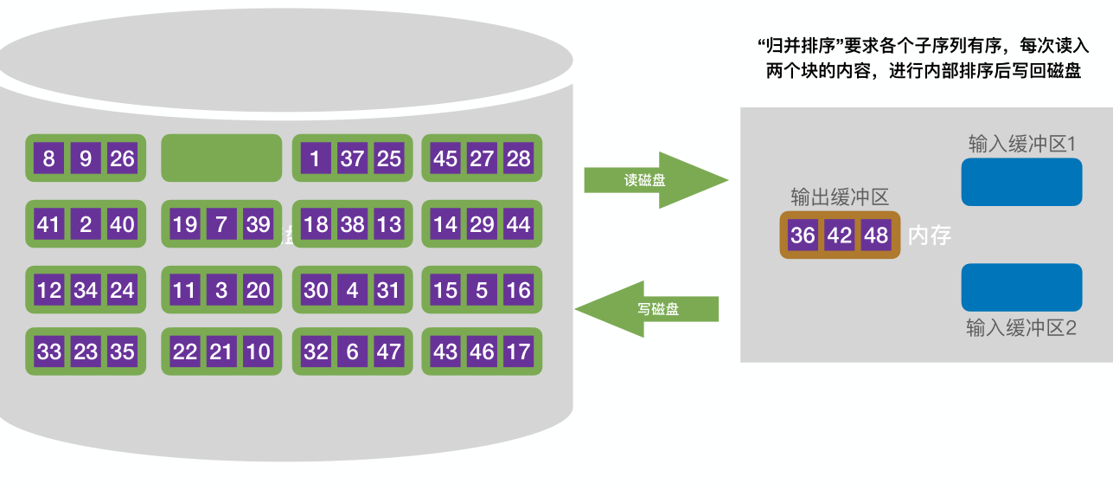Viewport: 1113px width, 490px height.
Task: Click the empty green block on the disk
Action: [x=221, y=158]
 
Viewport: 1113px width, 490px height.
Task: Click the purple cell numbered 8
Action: [x=48, y=158]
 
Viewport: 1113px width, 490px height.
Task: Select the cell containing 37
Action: [x=352, y=158]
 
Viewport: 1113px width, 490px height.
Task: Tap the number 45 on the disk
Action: [x=445, y=158]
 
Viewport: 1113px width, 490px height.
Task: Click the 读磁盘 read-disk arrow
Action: [x=653, y=180]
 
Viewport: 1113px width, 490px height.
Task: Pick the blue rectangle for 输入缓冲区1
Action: [x=1021, y=182]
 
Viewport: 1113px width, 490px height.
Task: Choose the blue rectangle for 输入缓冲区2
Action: [x=1021, y=287]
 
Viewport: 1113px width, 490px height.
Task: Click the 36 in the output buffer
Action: [x=803, y=235]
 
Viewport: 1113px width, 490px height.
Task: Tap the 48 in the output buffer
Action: [x=876, y=235]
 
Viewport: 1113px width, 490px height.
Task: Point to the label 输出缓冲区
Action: [x=839, y=197]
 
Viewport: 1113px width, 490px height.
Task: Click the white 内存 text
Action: [x=930, y=235]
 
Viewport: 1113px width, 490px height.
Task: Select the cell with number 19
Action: [x=184, y=225]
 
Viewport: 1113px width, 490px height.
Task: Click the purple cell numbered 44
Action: [x=518, y=225]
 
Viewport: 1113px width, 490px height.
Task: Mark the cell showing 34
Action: [x=86, y=290]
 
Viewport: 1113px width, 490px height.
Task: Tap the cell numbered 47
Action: [x=389, y=352]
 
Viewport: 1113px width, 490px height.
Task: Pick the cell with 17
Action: [x=518, y=352]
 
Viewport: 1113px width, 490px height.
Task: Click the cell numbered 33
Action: [x=48, y=352]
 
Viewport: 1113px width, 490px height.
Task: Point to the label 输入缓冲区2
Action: [x=1020, y=329]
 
